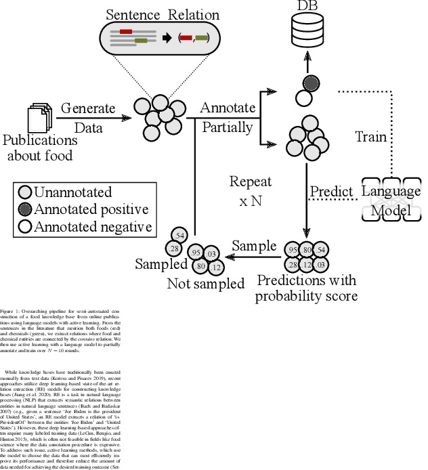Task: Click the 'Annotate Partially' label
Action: tap(227, 117)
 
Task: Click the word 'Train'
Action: tap(371, 137)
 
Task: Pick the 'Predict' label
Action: tap(332, 192)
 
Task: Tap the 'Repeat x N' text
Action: tap(250, 192)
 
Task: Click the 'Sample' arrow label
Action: tap(255, 246)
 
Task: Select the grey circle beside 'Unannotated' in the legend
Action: tap(25, 193)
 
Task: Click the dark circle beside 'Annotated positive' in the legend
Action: tap(25, 209)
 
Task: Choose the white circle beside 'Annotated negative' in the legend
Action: tap(25, 226)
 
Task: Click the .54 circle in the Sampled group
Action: tap(179, 235)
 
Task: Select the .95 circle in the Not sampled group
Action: tap(196, 253)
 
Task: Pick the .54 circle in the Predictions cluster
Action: tap(320, 251)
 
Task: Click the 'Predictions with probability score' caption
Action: tap(306, 288)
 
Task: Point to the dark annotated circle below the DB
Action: tap(311, 84)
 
